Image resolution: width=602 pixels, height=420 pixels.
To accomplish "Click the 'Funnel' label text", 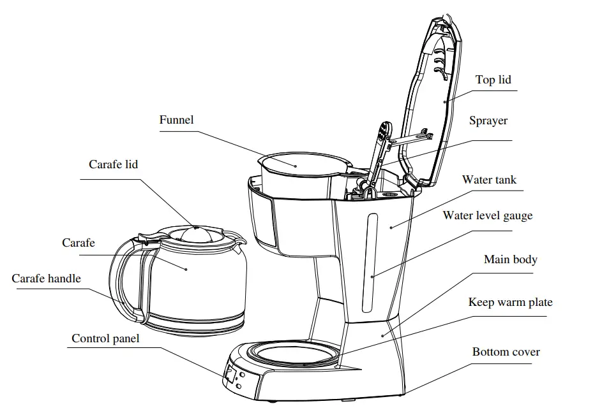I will [176, 120].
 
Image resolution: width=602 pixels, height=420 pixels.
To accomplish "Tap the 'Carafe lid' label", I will [113, 164].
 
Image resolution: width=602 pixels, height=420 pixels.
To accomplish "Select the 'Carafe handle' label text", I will [46, 279].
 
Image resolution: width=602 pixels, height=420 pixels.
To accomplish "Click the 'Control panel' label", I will [105, 338].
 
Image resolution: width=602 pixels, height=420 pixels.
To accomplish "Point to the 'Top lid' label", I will [493, 80].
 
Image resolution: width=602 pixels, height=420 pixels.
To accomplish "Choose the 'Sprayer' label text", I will [488, 120].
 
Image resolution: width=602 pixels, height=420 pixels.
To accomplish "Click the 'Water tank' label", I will [489, 180].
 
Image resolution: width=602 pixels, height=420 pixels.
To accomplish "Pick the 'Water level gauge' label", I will [487, 215].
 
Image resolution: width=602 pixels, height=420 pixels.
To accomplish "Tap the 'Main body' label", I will [510, 259].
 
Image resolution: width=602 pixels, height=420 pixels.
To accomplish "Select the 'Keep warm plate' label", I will [510, 302].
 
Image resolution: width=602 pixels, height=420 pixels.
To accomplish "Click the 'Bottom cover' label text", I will [506, 352].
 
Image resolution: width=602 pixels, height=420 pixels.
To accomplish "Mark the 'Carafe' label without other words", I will [79, 243].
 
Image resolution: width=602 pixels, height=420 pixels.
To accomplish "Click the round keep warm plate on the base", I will [294, 353].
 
